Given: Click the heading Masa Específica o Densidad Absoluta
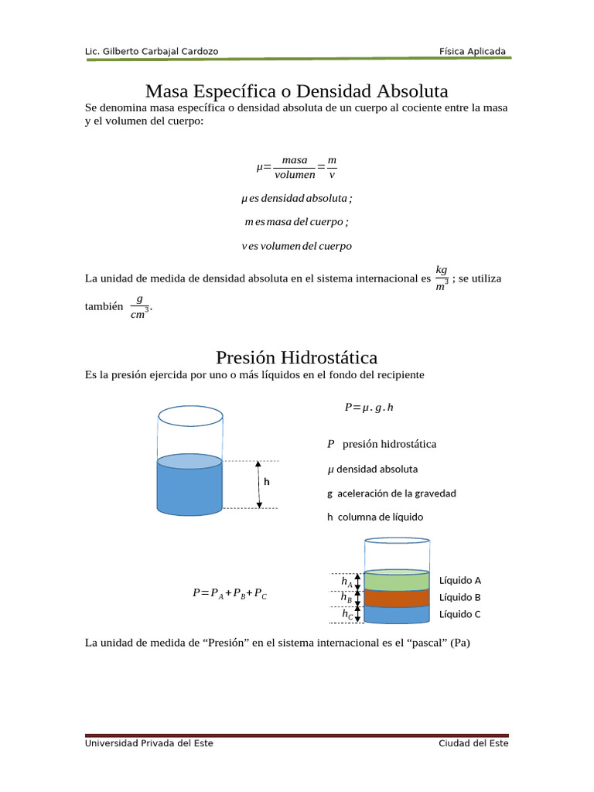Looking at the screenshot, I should [296, 91].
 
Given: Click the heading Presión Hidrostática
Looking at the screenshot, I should [296, 357].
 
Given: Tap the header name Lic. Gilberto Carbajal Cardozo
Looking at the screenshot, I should [152, 52].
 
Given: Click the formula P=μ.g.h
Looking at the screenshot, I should [368, 407].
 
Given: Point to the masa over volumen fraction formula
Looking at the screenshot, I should [296, 167].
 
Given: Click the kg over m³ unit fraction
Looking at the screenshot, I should [442, 278].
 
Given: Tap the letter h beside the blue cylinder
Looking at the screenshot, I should [267, 481].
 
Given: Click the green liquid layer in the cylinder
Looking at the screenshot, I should [396, 581].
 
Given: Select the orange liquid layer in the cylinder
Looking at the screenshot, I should [396, 598].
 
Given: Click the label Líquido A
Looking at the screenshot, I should [460, 580].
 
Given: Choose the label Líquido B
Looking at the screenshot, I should [460, 597].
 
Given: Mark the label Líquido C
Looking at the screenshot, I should [460, 614].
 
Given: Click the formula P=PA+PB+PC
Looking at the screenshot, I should [230, 593].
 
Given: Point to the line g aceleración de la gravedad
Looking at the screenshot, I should [391, 493].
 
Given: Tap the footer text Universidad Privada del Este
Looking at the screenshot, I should [148, 743].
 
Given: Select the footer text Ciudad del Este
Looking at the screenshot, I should [473, 743].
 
